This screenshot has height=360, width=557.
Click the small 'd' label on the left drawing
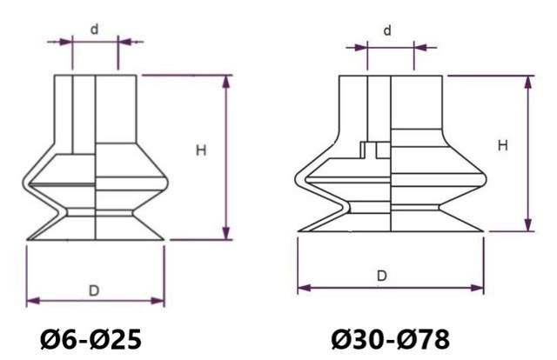(x=94, y=29)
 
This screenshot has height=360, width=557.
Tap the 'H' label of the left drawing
(x=200, y=150)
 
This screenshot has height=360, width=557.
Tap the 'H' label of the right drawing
(x=502, y=145)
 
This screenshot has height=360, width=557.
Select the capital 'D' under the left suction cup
(x=94, y=289)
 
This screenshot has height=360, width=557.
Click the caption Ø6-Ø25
(x=90, y=337)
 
